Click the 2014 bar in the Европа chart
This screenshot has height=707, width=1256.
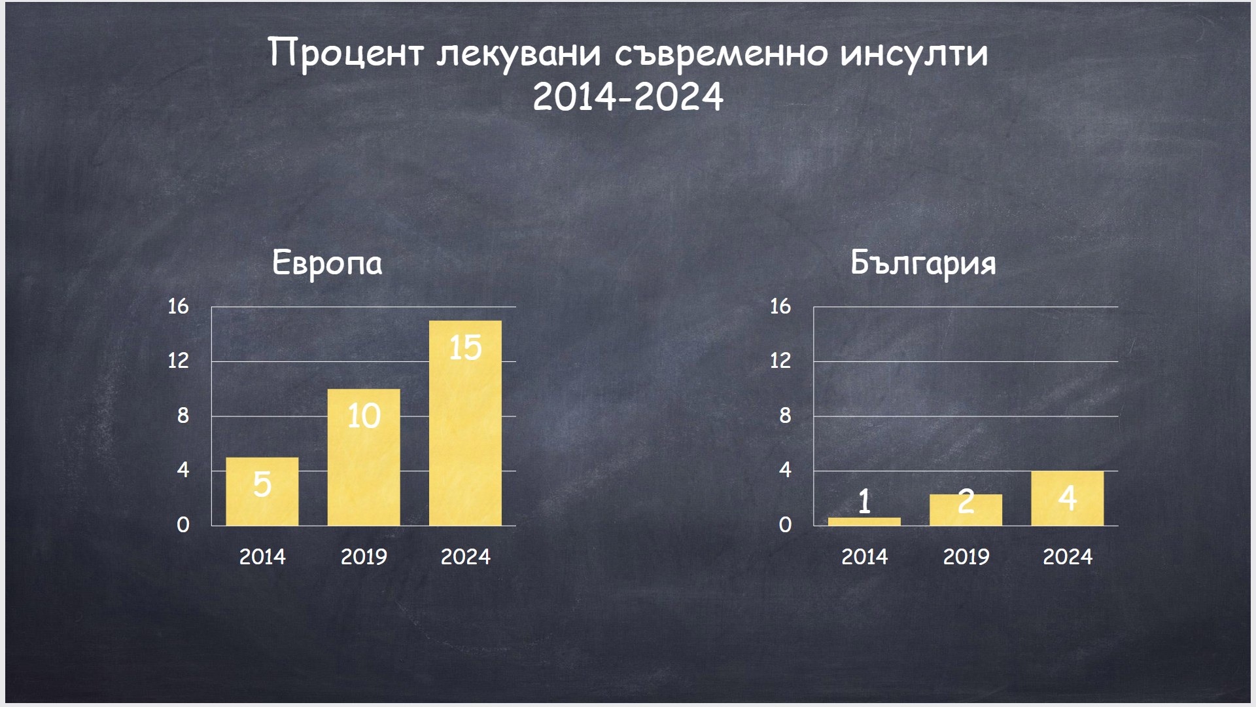pos(262,491)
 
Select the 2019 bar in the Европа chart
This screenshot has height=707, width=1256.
pos(364,457)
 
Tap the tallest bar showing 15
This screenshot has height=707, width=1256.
pos(465,423)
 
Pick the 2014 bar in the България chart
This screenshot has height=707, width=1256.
pos(864,522)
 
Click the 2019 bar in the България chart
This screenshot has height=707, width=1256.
pos(966,510)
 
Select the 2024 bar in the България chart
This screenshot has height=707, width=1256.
pos(1067,498)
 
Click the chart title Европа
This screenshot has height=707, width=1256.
pos(327,264)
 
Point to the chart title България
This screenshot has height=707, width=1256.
pos(923,264)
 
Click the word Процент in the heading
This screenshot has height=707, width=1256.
pos(346,54)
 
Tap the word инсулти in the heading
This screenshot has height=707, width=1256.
pos(914,54)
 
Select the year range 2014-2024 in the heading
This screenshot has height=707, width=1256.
pos(628,97)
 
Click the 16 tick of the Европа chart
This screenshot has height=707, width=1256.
pos(178,306)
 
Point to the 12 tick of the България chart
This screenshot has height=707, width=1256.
pos(780,361)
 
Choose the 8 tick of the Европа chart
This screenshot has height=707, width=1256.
pos(183,416)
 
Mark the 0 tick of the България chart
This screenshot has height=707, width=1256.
pos(785,525)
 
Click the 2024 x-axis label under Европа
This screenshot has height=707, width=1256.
pos(465,557)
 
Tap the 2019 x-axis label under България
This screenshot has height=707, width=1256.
pos(966,557)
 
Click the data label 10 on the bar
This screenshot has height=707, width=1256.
pos(364,416)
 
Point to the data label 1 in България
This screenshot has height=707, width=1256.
pos(864,501)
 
